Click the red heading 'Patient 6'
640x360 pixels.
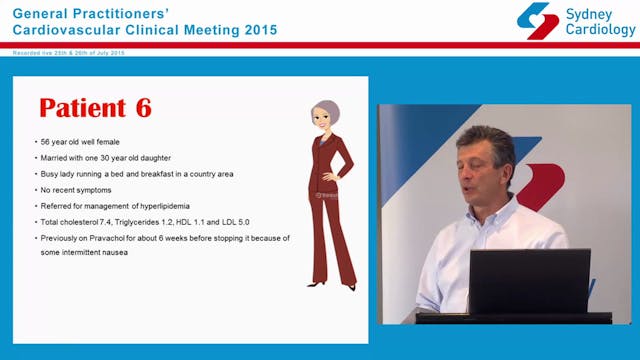pos(95,108)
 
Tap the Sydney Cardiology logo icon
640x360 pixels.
pos(537,20)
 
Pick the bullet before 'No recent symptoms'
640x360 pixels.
pos(36,190)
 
